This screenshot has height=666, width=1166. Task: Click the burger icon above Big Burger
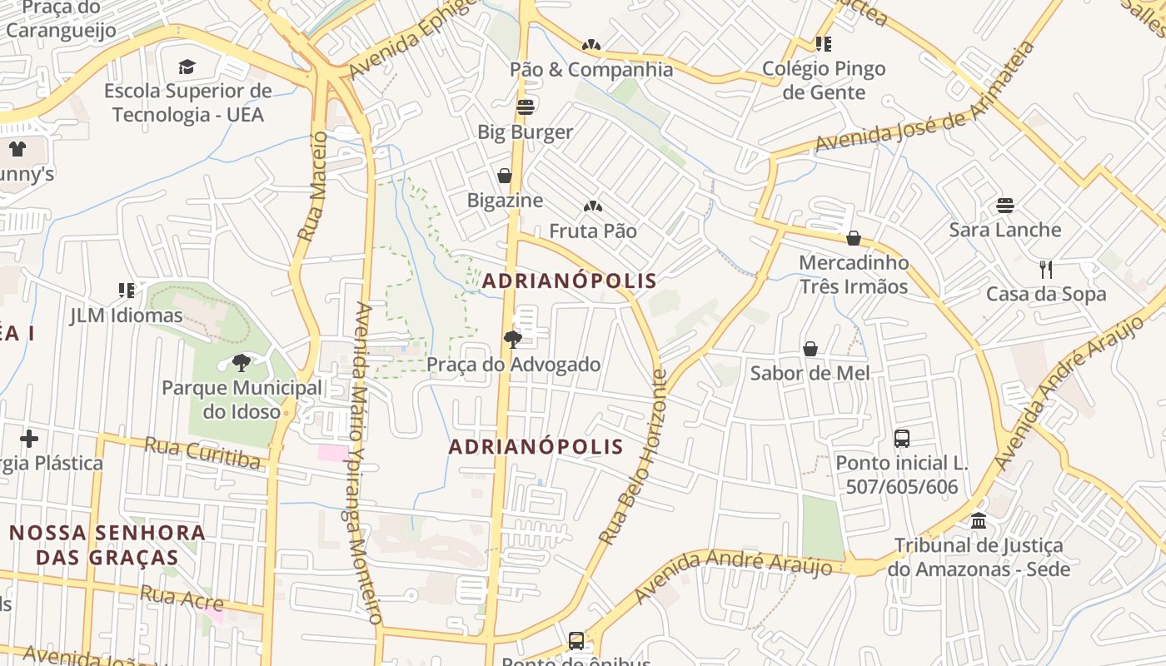525,107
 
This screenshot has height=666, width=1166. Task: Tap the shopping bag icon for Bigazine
504,175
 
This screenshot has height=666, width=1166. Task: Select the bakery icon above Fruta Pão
592,206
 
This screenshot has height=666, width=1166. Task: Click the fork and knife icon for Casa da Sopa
1046,269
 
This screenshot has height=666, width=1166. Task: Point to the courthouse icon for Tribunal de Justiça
979,520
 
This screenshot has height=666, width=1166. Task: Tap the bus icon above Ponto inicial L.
901,438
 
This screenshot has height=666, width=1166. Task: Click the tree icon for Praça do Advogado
513,339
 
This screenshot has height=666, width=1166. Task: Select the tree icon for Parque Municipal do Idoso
241,362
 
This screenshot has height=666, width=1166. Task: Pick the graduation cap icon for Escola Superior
187,66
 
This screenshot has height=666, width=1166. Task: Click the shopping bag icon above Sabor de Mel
810,348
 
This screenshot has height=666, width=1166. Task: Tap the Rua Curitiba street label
202,452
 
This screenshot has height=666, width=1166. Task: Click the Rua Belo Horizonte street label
634,458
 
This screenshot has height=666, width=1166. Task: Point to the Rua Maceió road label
311,186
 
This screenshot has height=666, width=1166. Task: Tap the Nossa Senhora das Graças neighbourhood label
107,544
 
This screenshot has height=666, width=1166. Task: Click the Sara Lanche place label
1004,230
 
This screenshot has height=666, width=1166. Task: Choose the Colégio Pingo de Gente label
824,80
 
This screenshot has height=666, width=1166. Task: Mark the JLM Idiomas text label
126,316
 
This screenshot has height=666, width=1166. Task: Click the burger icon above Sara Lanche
1005,205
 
